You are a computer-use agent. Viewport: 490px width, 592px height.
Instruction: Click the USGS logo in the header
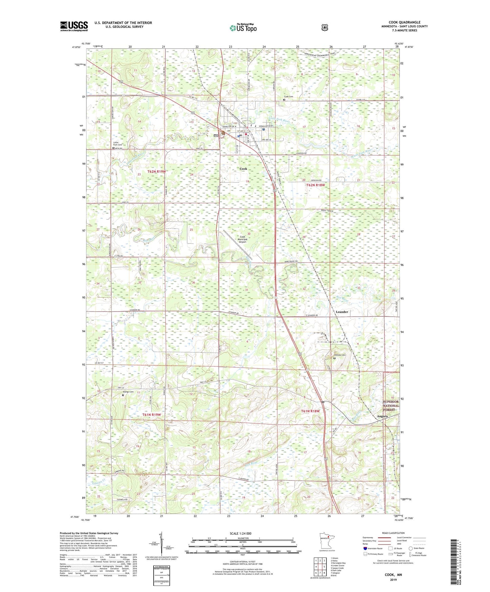(74, 26)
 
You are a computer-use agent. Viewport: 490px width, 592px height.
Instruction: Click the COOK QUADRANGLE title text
(404, 22)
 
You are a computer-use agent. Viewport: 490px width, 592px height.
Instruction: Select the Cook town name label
(243, 169)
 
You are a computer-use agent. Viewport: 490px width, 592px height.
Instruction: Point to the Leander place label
(341, 312)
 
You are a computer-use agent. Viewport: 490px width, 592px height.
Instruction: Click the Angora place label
(382, 416)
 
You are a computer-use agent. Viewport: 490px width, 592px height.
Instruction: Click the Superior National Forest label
(391, 406)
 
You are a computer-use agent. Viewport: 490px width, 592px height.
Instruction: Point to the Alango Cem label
(128, 392)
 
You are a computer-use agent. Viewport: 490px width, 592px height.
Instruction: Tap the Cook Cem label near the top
(288, 97)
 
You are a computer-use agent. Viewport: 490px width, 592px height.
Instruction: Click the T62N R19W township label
(156, 172)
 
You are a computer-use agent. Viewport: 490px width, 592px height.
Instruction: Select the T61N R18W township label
(310, 411)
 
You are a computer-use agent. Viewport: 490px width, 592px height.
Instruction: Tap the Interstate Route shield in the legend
(365, 548)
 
